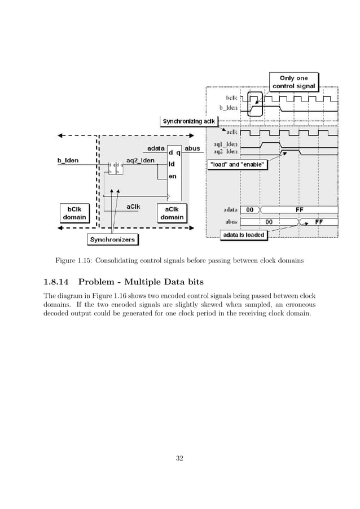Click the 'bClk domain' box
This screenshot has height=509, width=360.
click(73, 213)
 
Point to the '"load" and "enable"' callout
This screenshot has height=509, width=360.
click(237, 165)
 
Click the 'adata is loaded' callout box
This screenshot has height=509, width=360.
click(243, 235)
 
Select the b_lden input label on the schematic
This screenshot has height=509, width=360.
click(68, 160)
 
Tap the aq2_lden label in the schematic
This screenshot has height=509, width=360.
click(139, 160)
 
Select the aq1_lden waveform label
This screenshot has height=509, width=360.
click(225, 143)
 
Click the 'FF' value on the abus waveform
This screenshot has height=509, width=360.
click(319, 222)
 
